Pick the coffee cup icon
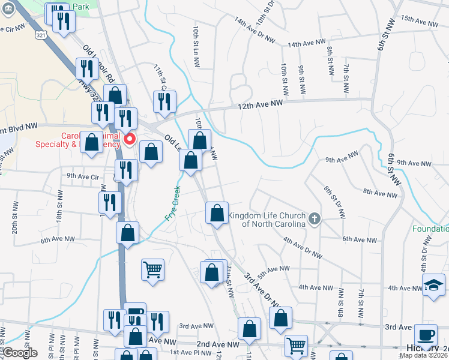[x=426, y=335]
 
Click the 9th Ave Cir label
[x=82, y=176]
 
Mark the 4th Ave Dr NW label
[x=303, y=248]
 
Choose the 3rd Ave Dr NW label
[x=262, y=291]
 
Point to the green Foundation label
[x=430, y=229]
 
